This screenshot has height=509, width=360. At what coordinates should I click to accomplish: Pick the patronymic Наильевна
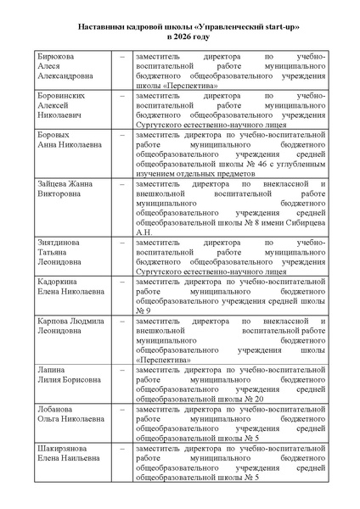tap(83, 458)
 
